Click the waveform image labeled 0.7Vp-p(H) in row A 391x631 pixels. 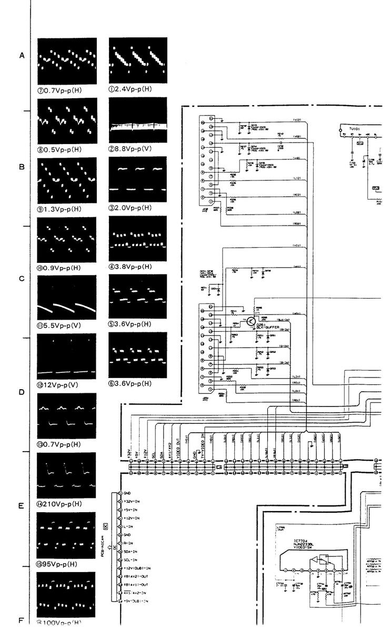point(67,61)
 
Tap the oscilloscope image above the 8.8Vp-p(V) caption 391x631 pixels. point(137,120)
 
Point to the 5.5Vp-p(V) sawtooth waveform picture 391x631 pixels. point(67,298)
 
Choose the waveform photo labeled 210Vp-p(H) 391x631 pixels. point(67,475)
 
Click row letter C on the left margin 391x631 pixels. point(22,279)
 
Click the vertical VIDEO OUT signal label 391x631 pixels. point(177,445)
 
